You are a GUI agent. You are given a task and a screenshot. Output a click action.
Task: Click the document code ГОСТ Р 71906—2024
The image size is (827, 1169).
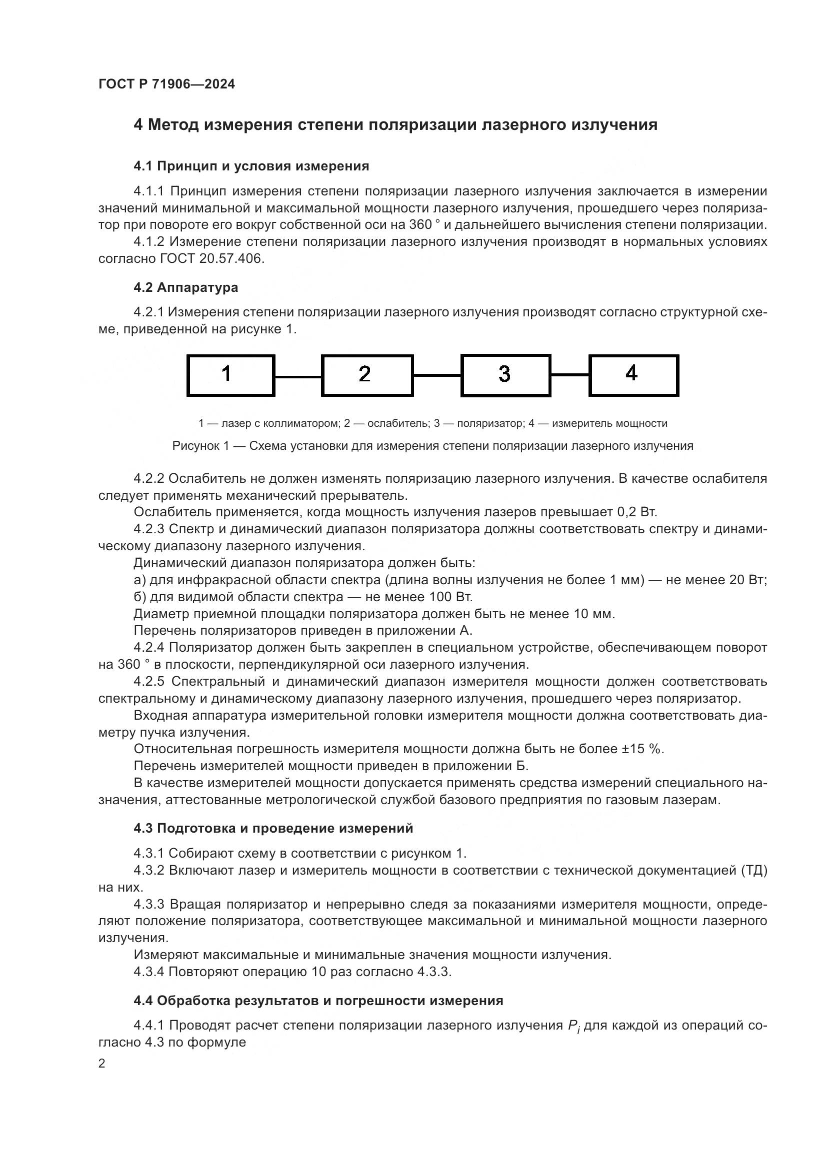click(166, 84)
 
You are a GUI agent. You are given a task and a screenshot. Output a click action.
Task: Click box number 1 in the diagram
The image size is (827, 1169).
click(230, 375)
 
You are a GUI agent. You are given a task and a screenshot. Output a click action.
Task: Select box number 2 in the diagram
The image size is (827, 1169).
click(366, 375)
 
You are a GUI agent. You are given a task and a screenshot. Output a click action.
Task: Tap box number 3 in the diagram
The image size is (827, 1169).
click(505, 375)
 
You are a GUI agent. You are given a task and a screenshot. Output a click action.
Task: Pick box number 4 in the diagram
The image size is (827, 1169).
click(633, 375)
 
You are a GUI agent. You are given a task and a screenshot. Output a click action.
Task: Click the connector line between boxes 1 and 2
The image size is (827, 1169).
click(298, 377)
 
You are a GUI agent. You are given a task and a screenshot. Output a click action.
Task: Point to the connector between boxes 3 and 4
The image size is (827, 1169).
click(570, 375)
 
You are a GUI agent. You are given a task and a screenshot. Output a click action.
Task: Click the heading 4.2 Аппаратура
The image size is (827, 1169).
click(185, 287)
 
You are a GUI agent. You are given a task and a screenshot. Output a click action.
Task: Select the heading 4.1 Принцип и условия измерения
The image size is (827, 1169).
click(251, 166)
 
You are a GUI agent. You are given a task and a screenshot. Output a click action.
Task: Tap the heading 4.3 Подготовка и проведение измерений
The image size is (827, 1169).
click(273, 828)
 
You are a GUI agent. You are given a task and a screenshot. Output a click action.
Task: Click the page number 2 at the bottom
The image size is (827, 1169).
click(102, 1064)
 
